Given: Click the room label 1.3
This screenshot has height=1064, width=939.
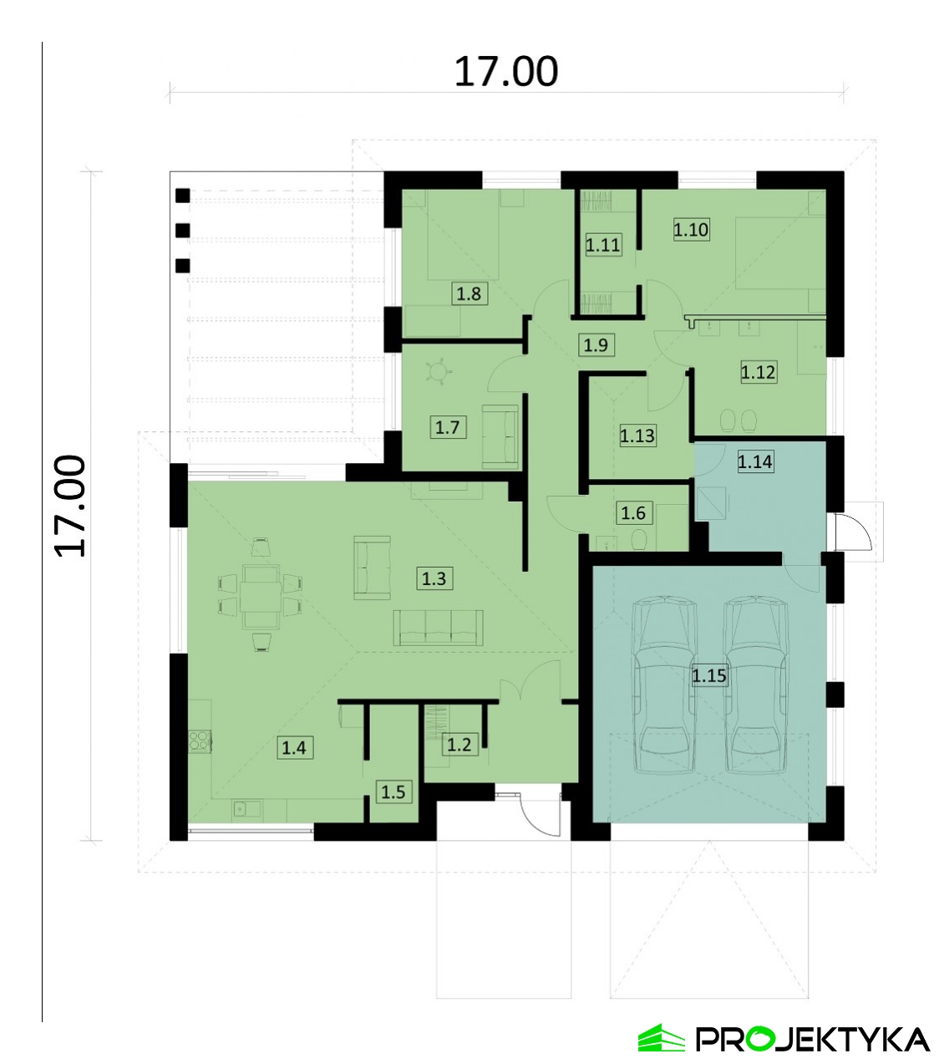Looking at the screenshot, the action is point(434,578).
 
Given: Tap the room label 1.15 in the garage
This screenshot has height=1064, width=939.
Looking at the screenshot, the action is point(708,675).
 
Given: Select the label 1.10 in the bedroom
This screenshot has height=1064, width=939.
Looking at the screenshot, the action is point(691,230).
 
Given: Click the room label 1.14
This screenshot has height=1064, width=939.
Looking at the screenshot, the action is point(755,461).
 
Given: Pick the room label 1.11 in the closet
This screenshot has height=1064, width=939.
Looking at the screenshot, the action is point(603,245).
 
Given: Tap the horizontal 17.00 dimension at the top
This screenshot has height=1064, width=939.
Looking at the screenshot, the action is point(506,72).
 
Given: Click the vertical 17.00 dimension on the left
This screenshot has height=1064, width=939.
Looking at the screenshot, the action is point(70,506).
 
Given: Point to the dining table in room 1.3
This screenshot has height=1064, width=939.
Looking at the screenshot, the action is point(261,597).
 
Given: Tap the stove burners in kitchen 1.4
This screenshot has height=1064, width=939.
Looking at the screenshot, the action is point(198,741).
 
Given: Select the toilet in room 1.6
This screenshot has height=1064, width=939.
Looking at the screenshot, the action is point(638,539).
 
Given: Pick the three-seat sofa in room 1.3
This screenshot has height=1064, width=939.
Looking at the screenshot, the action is point(439,628).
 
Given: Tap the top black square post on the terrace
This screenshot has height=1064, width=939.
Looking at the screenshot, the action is point(182,196).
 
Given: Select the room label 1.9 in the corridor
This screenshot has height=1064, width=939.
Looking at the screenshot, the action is point(596,345).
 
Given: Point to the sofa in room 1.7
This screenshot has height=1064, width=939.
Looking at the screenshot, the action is point(500,436).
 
